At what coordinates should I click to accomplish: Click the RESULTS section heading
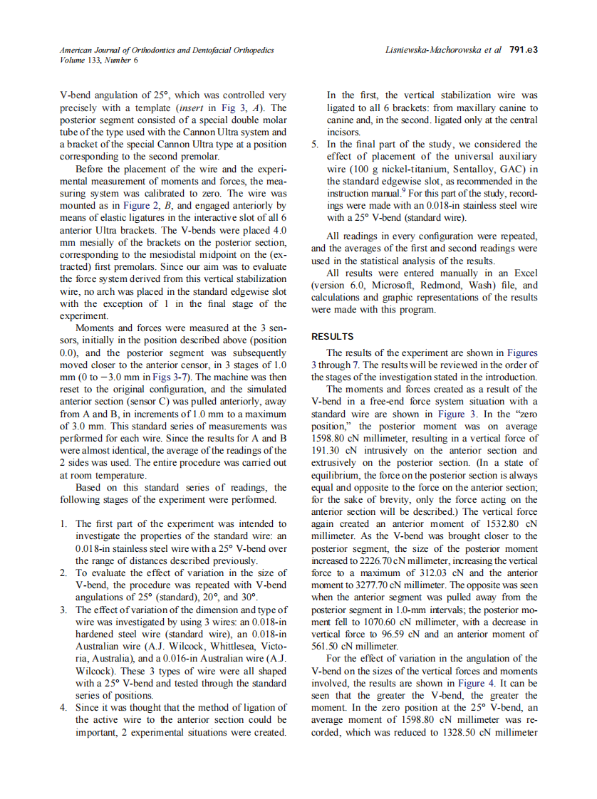click(333, 336)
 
